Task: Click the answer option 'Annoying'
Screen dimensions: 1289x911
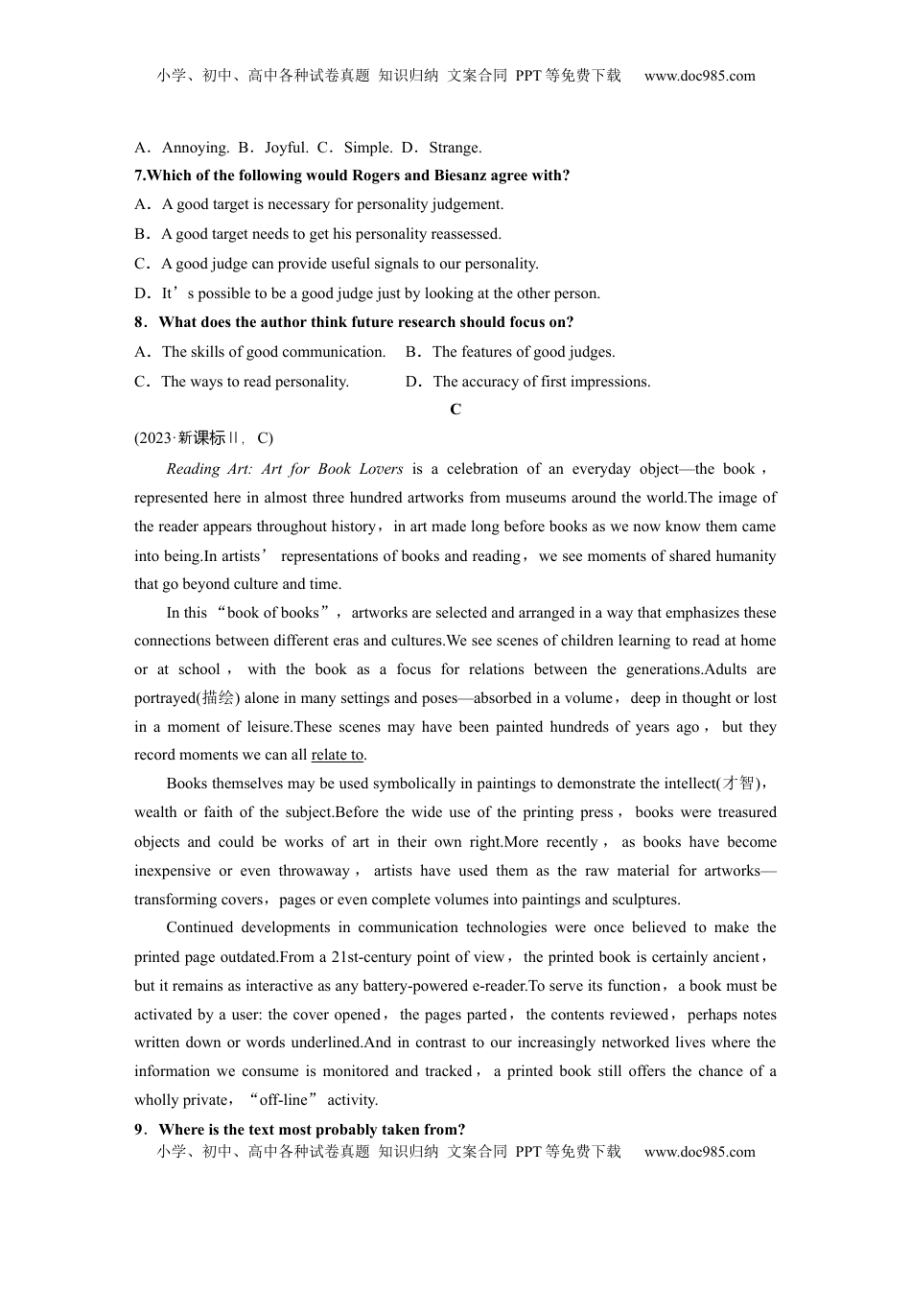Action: pyautogui.click(x=195, y=148)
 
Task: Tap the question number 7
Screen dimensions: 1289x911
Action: pyautogui.click(x=139, y=176)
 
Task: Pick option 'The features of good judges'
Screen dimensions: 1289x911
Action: pyautogui.click(x=523, y=352)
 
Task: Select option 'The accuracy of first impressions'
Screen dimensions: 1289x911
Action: pyautogui.click(x=541, y=382)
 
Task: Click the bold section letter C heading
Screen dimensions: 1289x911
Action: pyautogui.click(x=455, y=410)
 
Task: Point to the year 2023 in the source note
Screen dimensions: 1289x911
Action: pyautogui.click(x=154, y=438)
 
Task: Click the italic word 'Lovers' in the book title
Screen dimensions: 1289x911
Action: pyautogui.click(x=379, y=469)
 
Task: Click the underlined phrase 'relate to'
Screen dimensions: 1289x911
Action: pyautogui.click(x=338, y=755)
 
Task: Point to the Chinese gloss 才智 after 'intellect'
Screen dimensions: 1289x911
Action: pyautogui.click(x=739, y=784)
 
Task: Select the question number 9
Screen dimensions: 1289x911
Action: pyautogui.click(x=139, y=1130)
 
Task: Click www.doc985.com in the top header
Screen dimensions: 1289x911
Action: pyautogui.click(x=699, y=76)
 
